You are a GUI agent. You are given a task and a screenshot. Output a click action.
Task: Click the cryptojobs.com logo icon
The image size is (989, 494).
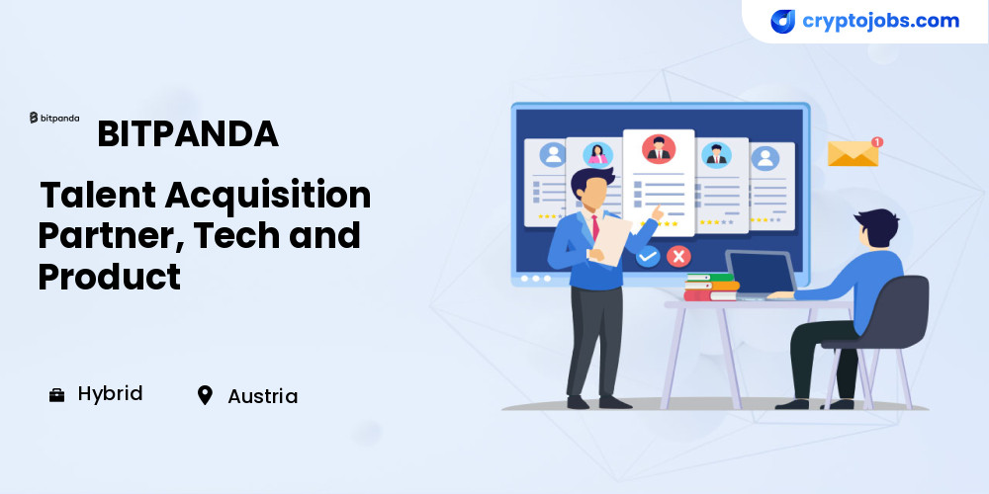click(x=782, y=22)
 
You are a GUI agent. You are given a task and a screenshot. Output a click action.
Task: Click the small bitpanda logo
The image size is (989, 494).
click(x=54, y=118)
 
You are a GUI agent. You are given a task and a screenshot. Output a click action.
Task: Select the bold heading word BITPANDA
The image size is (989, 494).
click(x=188, y=133)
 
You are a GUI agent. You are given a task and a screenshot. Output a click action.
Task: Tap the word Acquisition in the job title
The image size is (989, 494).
click(x=268, y=196)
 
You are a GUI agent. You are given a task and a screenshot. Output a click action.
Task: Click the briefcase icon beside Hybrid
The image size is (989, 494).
click(x=56, y=395)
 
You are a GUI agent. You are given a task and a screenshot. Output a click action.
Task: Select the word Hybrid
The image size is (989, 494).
click(x=111, y=394)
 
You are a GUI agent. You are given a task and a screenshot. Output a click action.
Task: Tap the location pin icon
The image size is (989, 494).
click(x=205, y=395)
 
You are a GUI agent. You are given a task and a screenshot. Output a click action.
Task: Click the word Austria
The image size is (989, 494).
click(x=262, y=396)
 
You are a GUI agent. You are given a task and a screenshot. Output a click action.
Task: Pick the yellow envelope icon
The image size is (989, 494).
click(x=853, y=154)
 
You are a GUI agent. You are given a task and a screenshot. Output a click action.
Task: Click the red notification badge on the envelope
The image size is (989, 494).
click(x=876, y=141)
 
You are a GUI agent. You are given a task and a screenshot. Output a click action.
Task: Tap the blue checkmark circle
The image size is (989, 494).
click(x=648, y=257)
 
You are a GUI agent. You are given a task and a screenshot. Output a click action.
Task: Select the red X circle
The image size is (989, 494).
click(x=678, y=257)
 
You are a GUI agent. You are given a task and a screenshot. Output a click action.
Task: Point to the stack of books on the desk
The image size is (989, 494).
click(x=711, y=287)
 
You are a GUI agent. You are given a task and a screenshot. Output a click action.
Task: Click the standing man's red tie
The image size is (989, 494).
click(x=594, y=228)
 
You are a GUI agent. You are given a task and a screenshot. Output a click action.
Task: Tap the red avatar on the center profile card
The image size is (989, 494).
click(x=659, y=149)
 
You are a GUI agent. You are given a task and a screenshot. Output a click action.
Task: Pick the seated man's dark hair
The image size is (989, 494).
click(x=877, y=225)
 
